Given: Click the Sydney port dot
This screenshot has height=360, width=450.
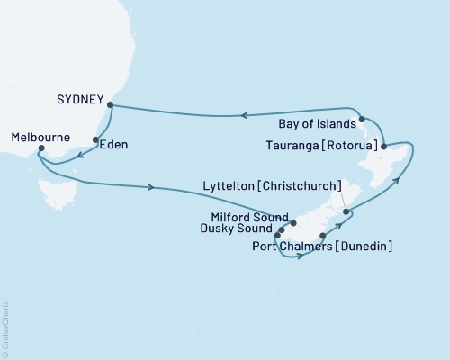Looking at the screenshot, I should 111,104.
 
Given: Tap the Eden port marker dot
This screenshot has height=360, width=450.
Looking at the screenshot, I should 96,139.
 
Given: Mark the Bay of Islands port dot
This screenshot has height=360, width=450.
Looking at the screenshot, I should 361,119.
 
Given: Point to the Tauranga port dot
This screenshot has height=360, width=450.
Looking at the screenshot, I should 383,146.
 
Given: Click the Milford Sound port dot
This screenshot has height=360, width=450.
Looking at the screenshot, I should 293,220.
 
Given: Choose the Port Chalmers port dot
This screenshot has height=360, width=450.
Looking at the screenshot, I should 322,236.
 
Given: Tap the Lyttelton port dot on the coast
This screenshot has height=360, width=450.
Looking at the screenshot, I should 346,212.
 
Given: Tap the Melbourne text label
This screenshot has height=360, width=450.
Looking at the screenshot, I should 41,136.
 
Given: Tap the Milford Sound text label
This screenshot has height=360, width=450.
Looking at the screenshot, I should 247,218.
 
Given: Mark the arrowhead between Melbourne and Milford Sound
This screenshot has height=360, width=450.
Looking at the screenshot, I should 151,187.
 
